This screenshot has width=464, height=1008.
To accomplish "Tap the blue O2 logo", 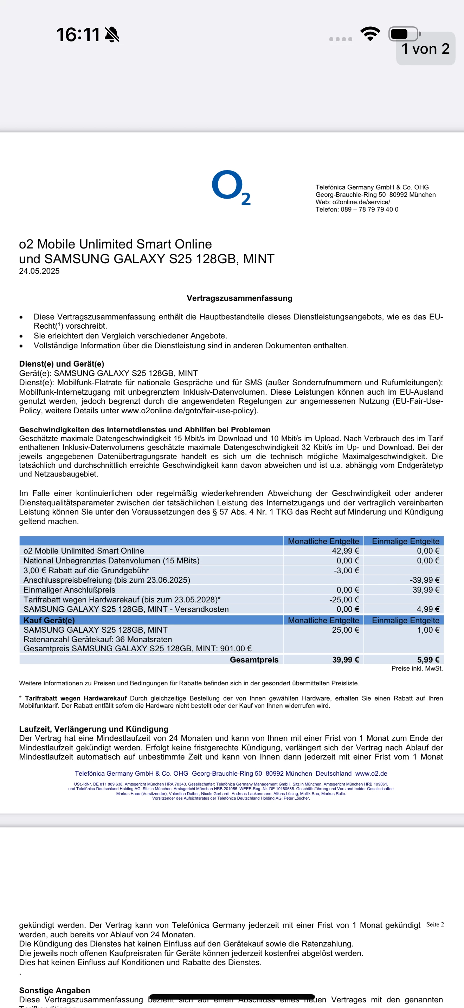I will point(231,187).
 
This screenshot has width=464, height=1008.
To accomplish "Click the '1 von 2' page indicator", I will point(426,49).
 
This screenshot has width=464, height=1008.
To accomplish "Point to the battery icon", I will point(404,34).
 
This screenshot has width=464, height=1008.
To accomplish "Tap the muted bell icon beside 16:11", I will point(112,34).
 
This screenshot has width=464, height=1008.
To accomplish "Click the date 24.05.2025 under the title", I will point(39,271).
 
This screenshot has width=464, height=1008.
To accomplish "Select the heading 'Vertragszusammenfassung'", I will point(239,298).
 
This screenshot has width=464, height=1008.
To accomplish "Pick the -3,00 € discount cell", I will point(346,570).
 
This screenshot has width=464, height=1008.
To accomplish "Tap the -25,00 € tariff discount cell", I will point(344,600).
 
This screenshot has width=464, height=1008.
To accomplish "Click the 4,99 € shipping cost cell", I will point(426,609).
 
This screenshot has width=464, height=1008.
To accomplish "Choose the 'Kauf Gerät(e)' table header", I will point(49,620).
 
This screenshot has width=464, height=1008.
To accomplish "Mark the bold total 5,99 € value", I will point(428,660).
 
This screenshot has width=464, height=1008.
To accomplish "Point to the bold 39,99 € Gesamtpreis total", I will point(346,660).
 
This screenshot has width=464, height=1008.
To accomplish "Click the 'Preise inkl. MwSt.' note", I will point(417,668).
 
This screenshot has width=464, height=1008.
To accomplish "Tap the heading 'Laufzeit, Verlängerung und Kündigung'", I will point(94,729).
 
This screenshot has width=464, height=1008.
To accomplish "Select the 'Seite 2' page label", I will point(435,925).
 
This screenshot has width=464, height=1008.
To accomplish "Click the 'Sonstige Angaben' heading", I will point(55,990).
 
